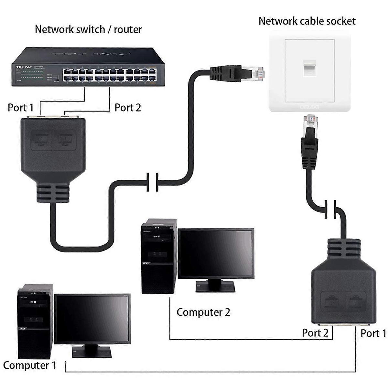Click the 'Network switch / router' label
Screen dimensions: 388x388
tap(88, 29)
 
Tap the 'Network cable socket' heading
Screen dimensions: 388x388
tap(307, 21)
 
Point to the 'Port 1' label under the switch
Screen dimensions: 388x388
tap(20, 107)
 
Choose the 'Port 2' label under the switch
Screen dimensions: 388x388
tap(128, 107)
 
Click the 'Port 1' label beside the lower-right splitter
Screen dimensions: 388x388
tap(373, 333)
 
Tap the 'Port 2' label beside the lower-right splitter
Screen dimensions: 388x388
tap(315, 333)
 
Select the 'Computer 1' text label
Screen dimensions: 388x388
tap(29, 365)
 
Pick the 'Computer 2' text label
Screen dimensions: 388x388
tap(203, 312)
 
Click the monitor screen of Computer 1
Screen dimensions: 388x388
tap(92, 319)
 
